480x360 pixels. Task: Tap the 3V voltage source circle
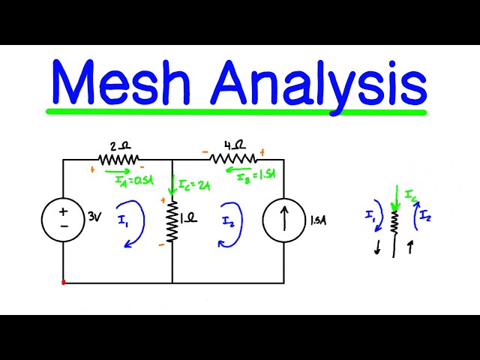tap(63, 218)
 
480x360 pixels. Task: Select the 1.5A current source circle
tap(283, 220)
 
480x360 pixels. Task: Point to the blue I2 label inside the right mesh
tap(229, 220)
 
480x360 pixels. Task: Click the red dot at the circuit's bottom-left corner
tap(63, 283)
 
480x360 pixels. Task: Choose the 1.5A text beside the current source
tap(317, 220)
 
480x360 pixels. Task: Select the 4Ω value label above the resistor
tap(235, 145)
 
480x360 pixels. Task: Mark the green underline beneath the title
tap(236, 112)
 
